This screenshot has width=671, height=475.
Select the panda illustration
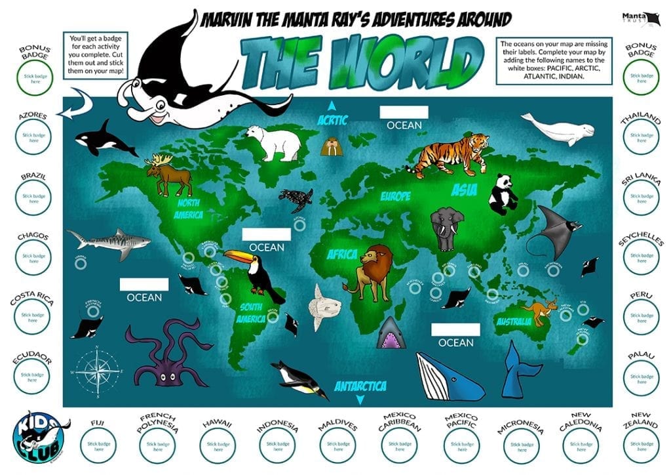[x=503, y=194]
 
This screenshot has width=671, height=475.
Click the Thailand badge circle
[x=641, y=138]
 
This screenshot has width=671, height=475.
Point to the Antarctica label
[x=360, y=386]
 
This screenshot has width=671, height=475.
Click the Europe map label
[x=396, y=196]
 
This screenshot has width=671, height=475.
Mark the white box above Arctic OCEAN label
[x=404, y=112]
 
